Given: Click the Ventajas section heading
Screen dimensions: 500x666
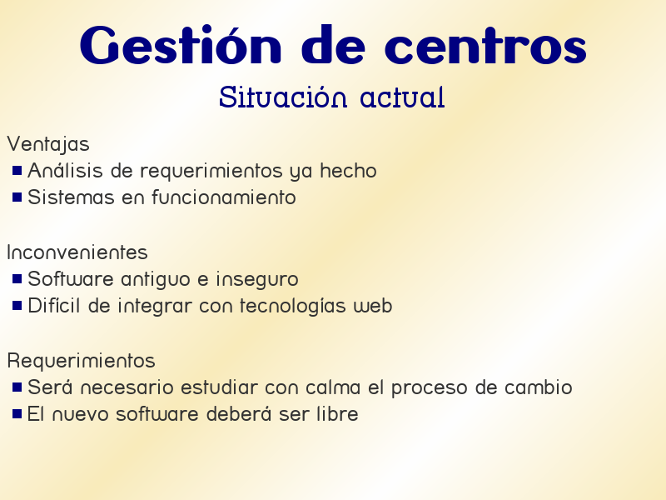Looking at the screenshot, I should pos(47,145).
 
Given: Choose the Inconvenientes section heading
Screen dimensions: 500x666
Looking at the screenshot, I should pos(77,252).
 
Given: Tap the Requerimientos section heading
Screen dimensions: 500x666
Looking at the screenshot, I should pos(81,361).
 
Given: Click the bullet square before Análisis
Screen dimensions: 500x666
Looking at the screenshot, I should pos(17,171).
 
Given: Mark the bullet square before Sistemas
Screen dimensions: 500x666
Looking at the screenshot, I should pos(17,197).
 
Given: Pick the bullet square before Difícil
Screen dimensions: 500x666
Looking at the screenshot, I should pos(17,306).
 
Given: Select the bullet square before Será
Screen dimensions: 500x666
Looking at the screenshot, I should pos(17,387).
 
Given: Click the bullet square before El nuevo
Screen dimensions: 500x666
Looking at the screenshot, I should pos(17,414).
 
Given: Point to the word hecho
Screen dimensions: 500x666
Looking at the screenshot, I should pos(349,171).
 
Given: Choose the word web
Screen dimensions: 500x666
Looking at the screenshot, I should pos(373,306).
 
